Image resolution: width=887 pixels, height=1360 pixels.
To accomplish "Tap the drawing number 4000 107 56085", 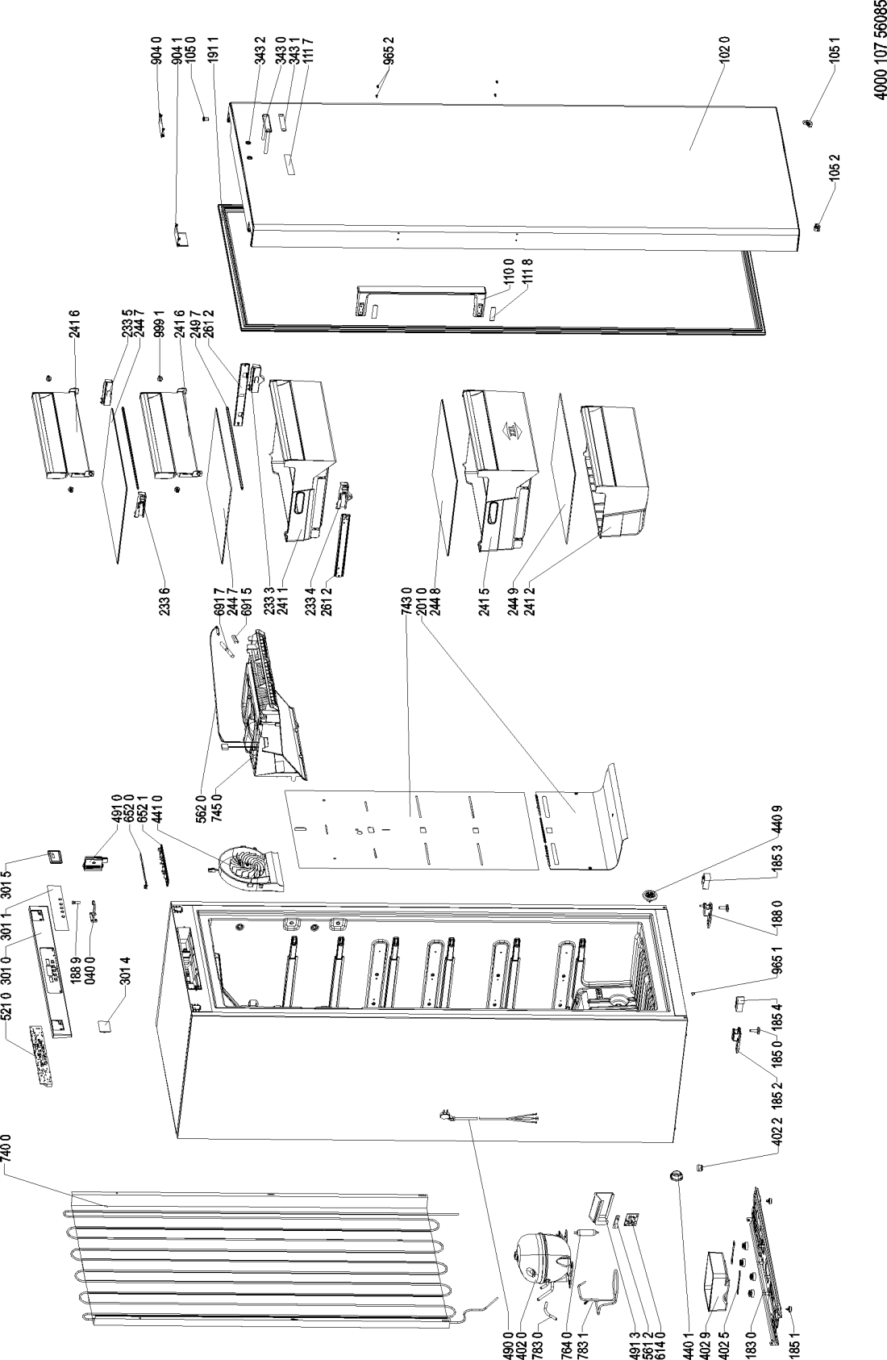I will pos(877,50).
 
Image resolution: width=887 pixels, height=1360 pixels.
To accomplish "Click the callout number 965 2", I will pos(390,50).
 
